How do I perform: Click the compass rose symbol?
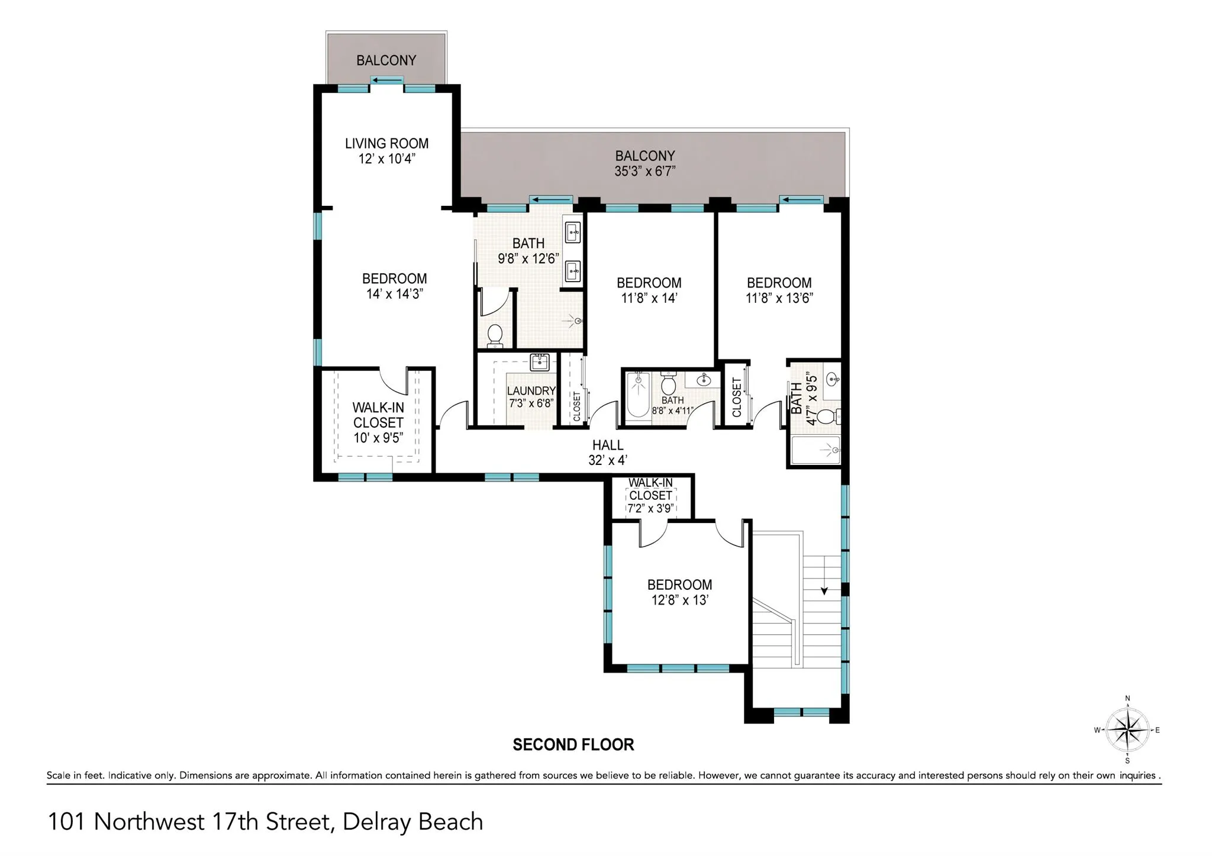(1127, 730)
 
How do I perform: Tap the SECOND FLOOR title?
(573, 745)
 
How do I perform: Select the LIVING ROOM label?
(386, 143)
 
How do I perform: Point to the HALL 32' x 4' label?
(608, 453)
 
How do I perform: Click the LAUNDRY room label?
(531, 390)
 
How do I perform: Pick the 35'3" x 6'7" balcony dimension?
(645, 172)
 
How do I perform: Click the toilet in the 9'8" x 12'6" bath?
(495, 335)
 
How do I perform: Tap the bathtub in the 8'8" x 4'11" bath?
(638, 395)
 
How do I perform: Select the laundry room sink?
(539, 361)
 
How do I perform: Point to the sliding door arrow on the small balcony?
(387, 80)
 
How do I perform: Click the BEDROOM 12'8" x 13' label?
(679, 592)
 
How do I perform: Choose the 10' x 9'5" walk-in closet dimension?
(378, 438)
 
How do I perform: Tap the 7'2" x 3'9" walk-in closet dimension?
(650, 508)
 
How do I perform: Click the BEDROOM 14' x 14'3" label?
(394, 286)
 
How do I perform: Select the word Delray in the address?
(377, 822)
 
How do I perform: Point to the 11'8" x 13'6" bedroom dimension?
(779, 298)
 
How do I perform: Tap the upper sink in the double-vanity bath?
(573, 232)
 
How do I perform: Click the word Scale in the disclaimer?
(58, 775)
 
